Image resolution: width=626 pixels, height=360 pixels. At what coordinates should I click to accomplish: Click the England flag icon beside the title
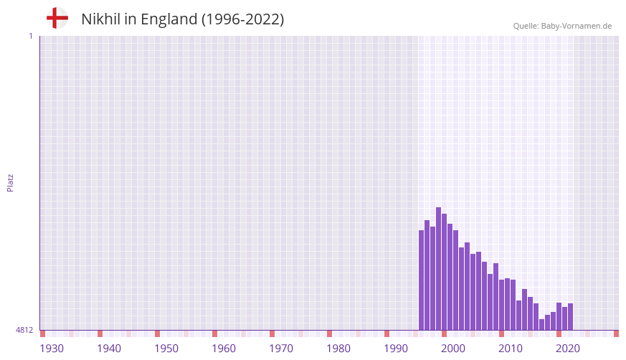[x=57, y=19]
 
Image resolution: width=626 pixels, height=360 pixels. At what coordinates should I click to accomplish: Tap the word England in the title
[x=167, y=19]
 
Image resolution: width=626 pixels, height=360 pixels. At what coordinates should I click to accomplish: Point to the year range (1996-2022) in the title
[x=242, y=19]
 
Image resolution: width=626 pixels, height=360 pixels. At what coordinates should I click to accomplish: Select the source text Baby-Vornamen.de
[x=576, y=26]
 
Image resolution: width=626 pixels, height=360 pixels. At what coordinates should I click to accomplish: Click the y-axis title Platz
[x=10, y=182]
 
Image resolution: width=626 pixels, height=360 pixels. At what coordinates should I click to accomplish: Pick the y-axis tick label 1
[x=30, y=36]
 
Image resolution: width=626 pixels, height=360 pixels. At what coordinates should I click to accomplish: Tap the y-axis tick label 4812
[x=24, y=330]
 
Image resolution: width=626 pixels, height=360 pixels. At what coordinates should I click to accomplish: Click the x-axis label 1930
[x=52, y=349]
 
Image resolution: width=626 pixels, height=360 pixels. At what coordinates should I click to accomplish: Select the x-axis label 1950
[x=166, y=349]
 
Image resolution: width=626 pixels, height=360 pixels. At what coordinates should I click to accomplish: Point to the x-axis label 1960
[x=224, y=349]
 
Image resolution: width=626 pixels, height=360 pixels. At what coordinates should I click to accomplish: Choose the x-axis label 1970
[x=281, y=349]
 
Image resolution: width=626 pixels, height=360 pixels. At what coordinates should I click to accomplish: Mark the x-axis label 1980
[x=338, y=349]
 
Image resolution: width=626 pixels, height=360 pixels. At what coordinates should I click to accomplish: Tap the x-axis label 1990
[x=396, y=349]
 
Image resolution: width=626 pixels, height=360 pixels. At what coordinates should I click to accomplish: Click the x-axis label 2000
[x=453, y=349]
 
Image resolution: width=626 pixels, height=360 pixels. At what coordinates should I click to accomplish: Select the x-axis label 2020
[x=568, y=349]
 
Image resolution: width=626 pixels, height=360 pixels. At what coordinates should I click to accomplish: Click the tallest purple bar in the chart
[x=439, y=269]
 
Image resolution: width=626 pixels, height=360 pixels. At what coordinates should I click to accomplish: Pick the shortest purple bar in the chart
[x=542, y=325]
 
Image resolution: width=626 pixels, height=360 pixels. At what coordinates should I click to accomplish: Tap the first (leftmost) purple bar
[x=422, y=280]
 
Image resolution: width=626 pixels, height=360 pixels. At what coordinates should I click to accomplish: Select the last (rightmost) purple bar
[x=571, y=317]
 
